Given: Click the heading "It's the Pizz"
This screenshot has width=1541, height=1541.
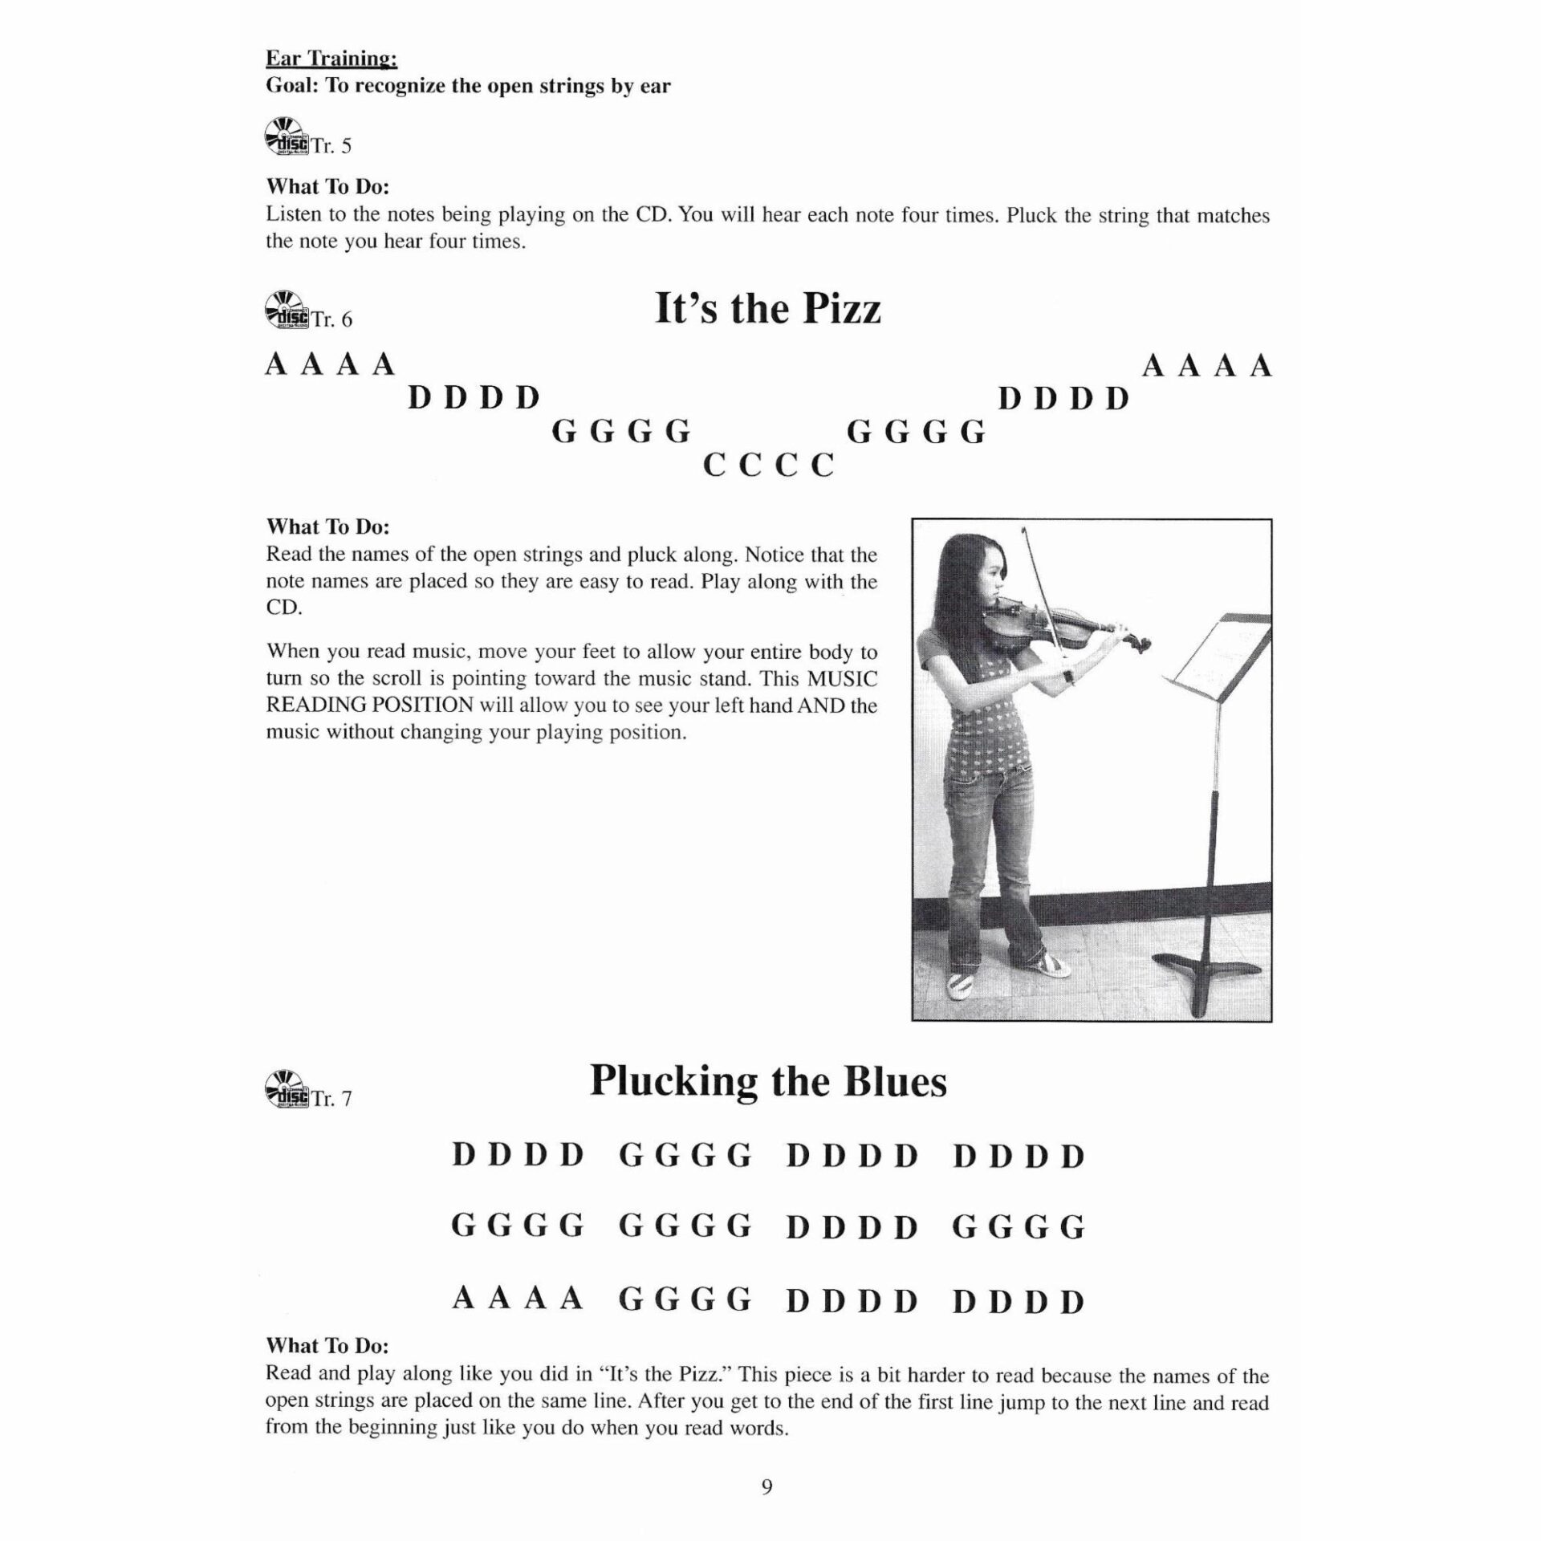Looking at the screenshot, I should pos(768,309).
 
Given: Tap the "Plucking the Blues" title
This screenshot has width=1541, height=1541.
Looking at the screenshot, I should pos(768,1081).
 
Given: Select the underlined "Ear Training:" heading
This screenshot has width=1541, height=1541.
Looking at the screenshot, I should pos(331,59).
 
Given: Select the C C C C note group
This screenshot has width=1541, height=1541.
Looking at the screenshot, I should pos(768,466).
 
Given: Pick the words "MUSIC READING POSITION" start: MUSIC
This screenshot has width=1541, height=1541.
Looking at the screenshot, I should pos(842,679).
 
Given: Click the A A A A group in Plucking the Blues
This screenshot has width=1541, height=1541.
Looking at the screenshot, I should pos(517,1299).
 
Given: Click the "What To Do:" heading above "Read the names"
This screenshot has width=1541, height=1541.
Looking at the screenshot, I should pos(327,527).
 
